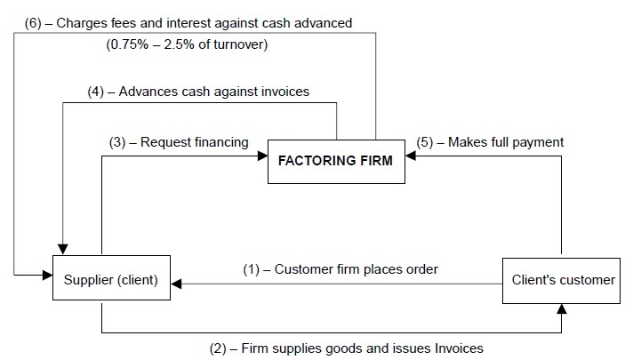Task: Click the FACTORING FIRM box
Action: [x=336, y=163]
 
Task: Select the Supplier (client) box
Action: [x=111, y=280]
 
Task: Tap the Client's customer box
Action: [x=563, y=280]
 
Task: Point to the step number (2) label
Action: [x=219, y=348]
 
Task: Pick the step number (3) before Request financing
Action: [x=119, y=141]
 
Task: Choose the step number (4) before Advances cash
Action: [x=97, y=91]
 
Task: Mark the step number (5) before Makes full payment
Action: [x=427, y=141]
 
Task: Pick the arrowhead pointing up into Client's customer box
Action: [x=561, y=308]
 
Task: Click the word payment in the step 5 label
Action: [x=538, y=141]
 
